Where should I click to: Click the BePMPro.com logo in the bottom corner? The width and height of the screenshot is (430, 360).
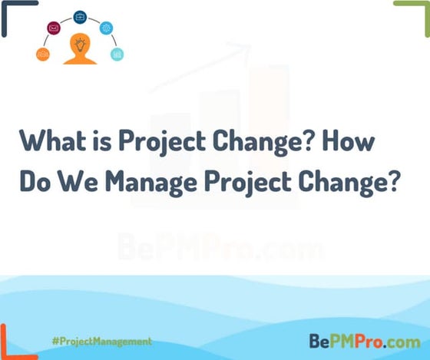tap(364, 339)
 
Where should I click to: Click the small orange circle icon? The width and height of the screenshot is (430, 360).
tap(42, 54)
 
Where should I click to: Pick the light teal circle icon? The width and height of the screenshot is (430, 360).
tap(117, 54)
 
